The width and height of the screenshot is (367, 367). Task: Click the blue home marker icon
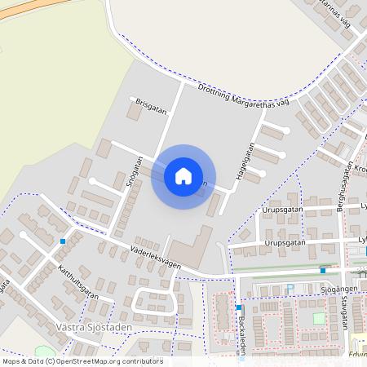(x=183, y=175)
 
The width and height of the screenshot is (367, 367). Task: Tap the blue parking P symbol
(x=290, y=287)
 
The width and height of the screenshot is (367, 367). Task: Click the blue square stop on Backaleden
(x=238, y=307)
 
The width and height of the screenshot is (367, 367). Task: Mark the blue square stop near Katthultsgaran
(x=63, y=241)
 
